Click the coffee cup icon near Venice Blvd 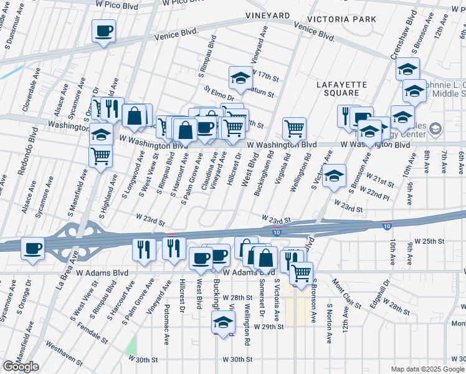coord(104,30)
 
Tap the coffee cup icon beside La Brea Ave coord(32,248)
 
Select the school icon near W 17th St coord(240,77)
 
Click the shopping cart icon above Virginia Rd coord(294,128)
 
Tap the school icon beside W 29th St coord(222,322)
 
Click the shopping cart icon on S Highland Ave coord(100,155)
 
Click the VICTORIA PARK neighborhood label coord(345,19)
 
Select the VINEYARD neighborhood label coord(267,15)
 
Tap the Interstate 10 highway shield coord(276,231)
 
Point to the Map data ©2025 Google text coord(427,369)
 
